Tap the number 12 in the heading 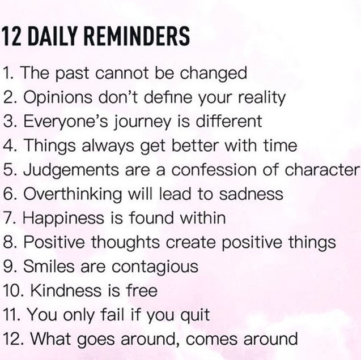11,36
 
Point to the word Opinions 58,98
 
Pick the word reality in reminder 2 262,98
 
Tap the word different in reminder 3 229,121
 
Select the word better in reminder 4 195,145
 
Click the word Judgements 71,170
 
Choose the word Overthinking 73,195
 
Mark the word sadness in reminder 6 251,194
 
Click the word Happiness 63,219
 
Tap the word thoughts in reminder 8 125,243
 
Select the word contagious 155,267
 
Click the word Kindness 66,290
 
